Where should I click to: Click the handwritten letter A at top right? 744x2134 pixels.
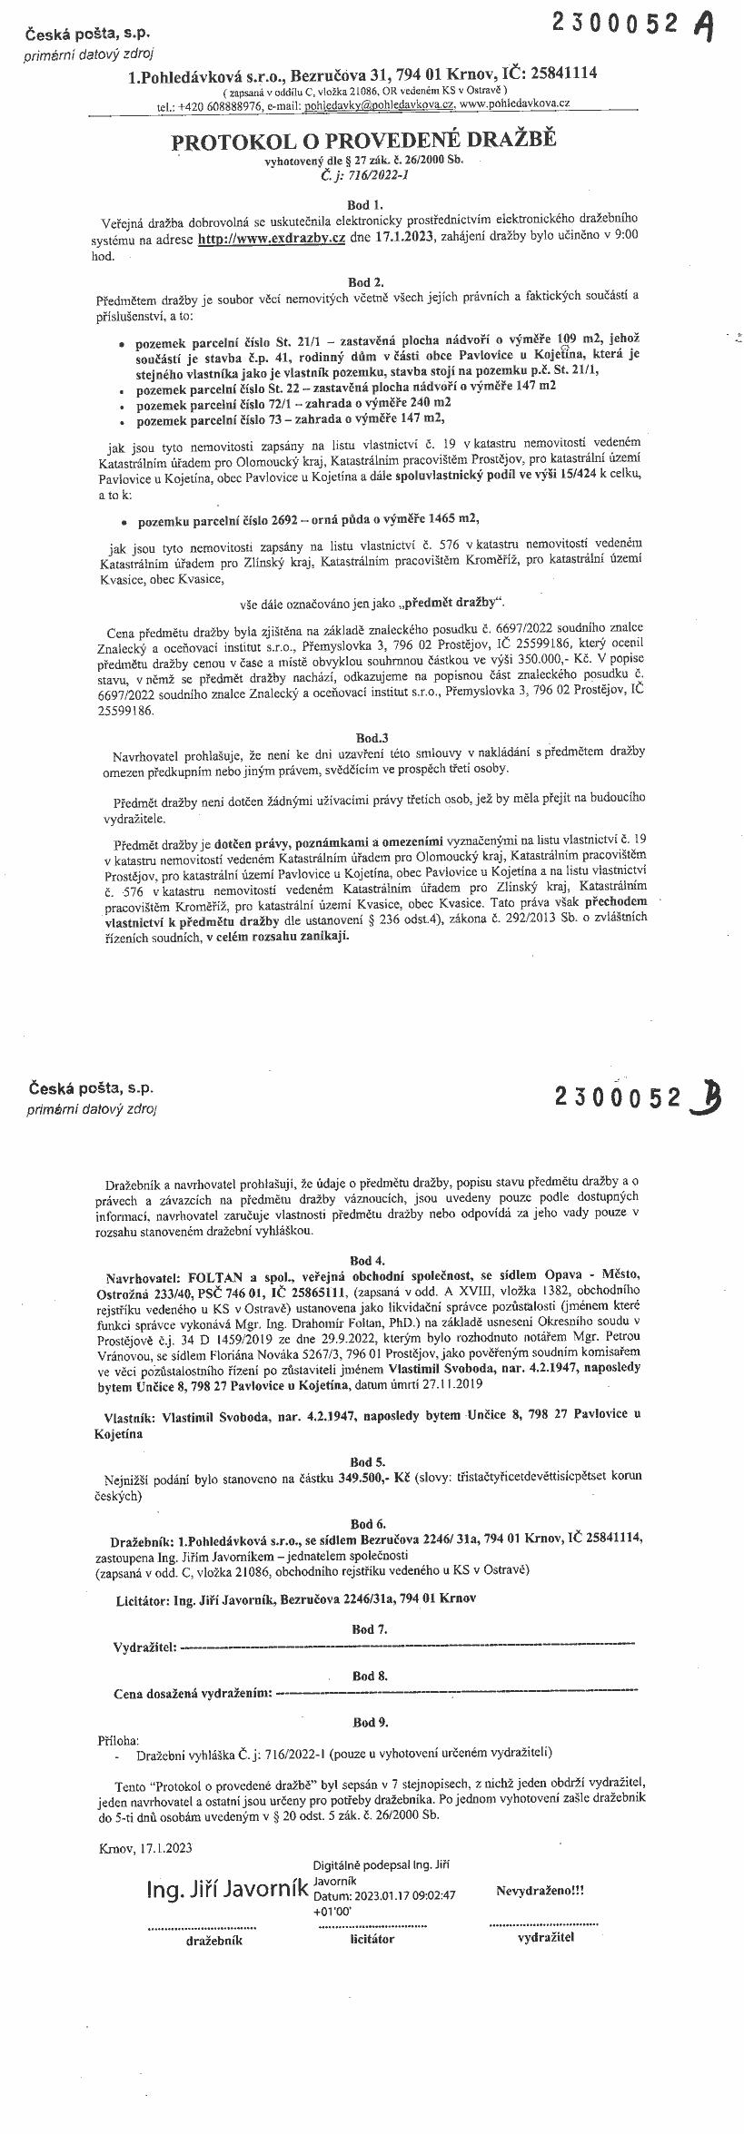click(x=701, y=27)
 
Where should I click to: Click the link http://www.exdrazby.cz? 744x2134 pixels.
click(x=273, y=238)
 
